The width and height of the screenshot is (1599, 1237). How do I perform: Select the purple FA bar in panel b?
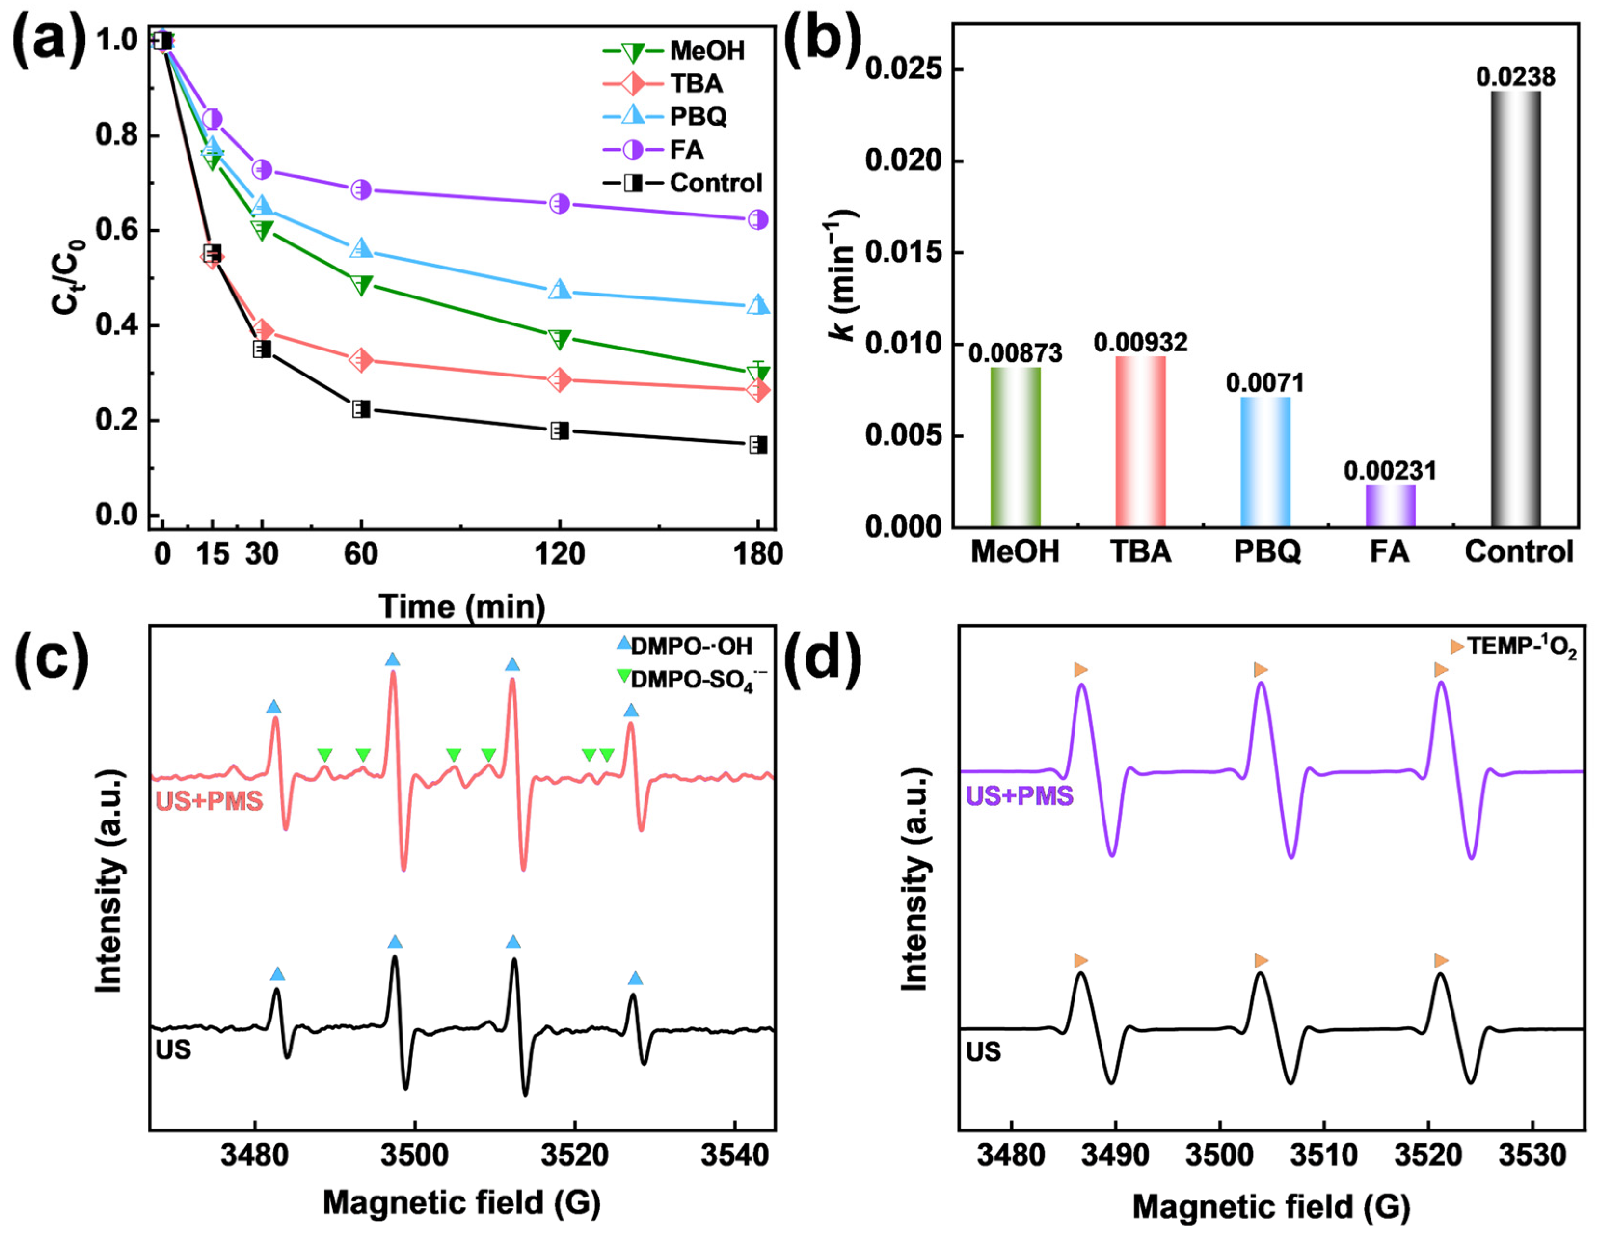(x=1390, y=506)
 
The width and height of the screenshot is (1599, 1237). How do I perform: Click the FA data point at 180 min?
(x=758, y=220)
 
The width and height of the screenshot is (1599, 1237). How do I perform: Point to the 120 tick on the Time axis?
(x=559, y=554)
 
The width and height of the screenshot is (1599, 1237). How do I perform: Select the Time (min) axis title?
(x=461, y=607)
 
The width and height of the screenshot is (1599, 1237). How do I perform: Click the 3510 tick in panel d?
(x=1324, y=1155)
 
